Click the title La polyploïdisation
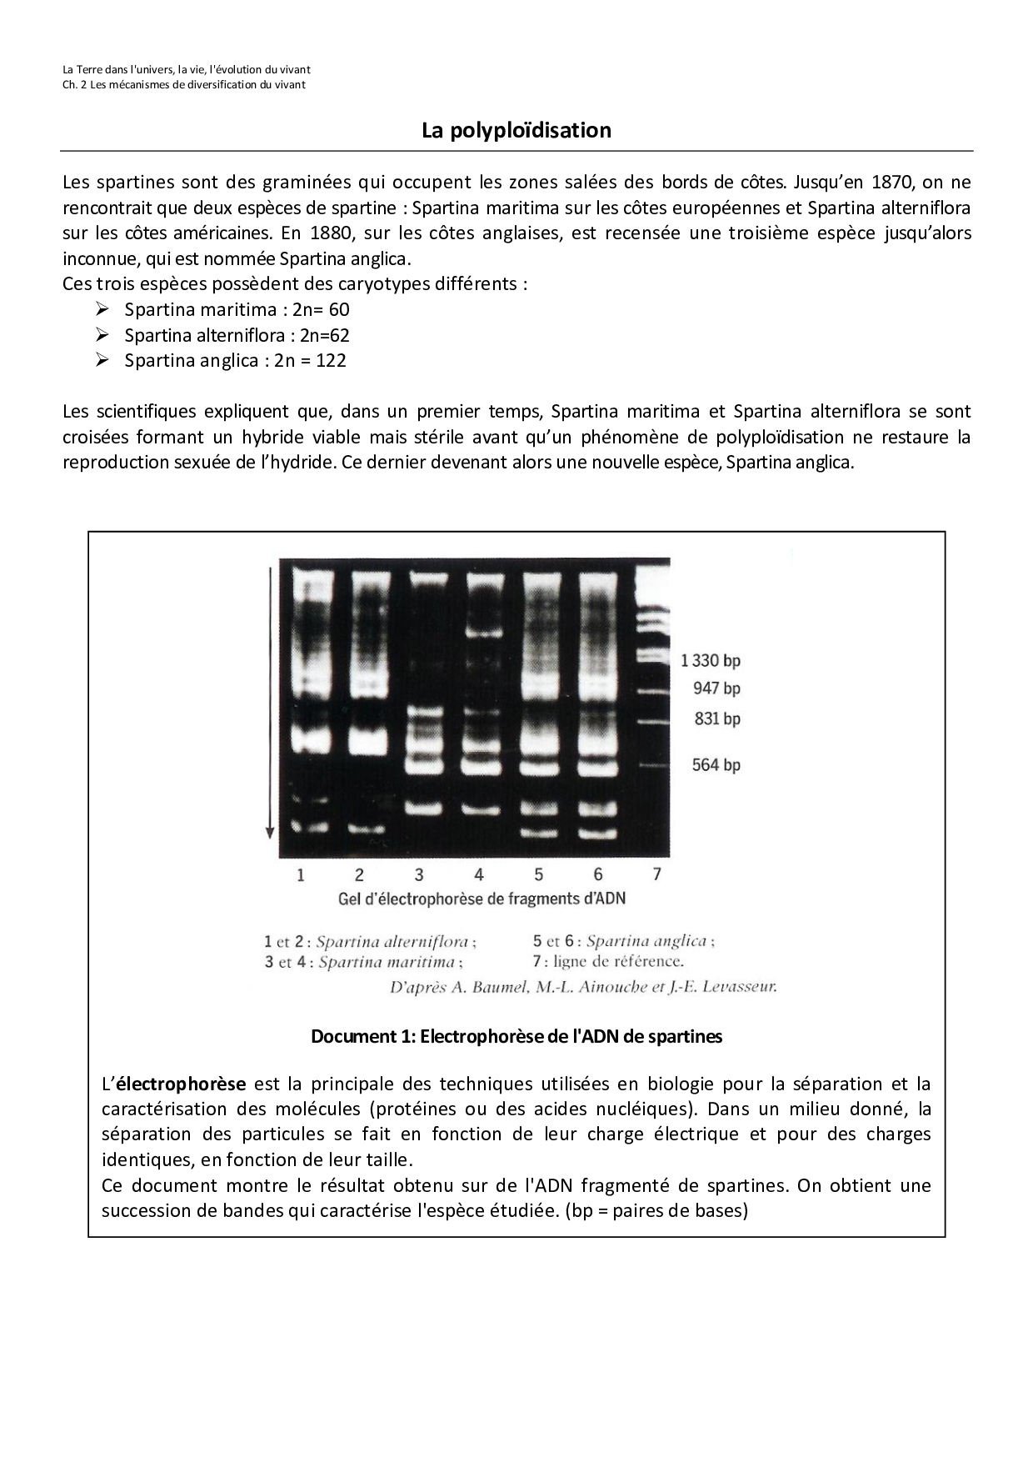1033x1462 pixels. pos(516,131)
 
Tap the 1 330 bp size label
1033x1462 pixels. pos(710,661)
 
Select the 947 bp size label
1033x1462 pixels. pos(716,688)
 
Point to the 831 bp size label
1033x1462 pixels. pos(716,718)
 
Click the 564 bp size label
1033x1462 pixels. pos(716,764)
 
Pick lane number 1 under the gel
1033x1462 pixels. pos(301,874)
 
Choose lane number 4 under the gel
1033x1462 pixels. pos(479,874)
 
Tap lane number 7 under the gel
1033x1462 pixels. pos(656,874)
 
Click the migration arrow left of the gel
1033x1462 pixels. pos(269,700)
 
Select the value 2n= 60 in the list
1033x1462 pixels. pos(321,310)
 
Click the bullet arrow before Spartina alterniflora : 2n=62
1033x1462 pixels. pos(102,335)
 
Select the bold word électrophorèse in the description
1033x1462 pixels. pos(180,1084)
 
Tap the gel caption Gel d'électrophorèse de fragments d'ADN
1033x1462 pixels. pos(482,899)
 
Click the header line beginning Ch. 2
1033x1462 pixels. pos(184,85)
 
